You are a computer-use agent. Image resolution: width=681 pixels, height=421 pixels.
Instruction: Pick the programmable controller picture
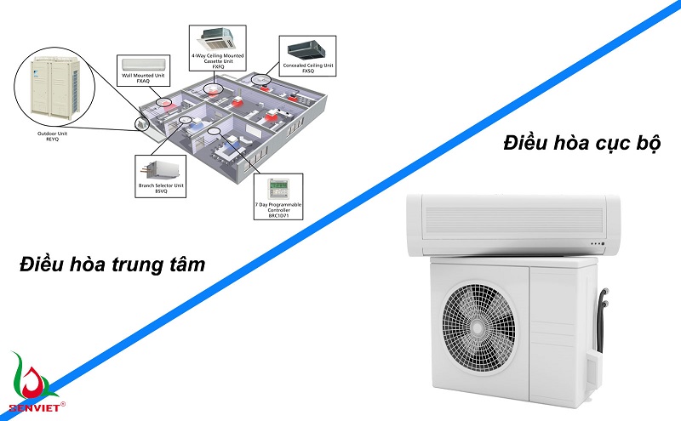(x=278, y=187)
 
